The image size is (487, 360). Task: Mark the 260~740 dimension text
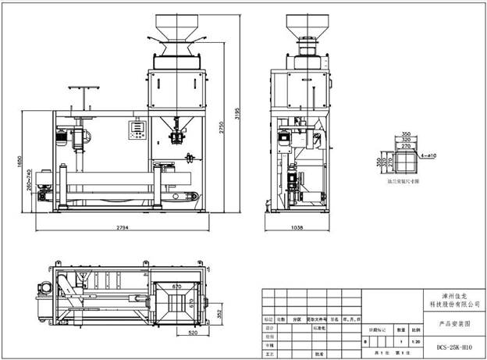click(28, 181)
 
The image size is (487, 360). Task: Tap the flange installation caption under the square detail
click(403, 180)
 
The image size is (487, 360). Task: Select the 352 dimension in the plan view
click(219, 313)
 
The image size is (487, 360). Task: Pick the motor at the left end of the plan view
click(44, 287)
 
